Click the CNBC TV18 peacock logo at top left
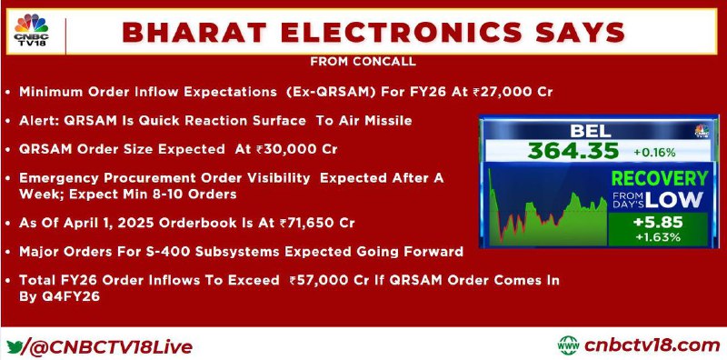32,30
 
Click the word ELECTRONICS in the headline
402,33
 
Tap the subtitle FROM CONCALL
363,62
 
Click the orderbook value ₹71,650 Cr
317,223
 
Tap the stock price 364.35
573,151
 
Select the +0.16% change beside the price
655,152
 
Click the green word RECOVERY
660,178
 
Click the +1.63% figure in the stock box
658,237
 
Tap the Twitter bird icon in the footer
15,346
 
